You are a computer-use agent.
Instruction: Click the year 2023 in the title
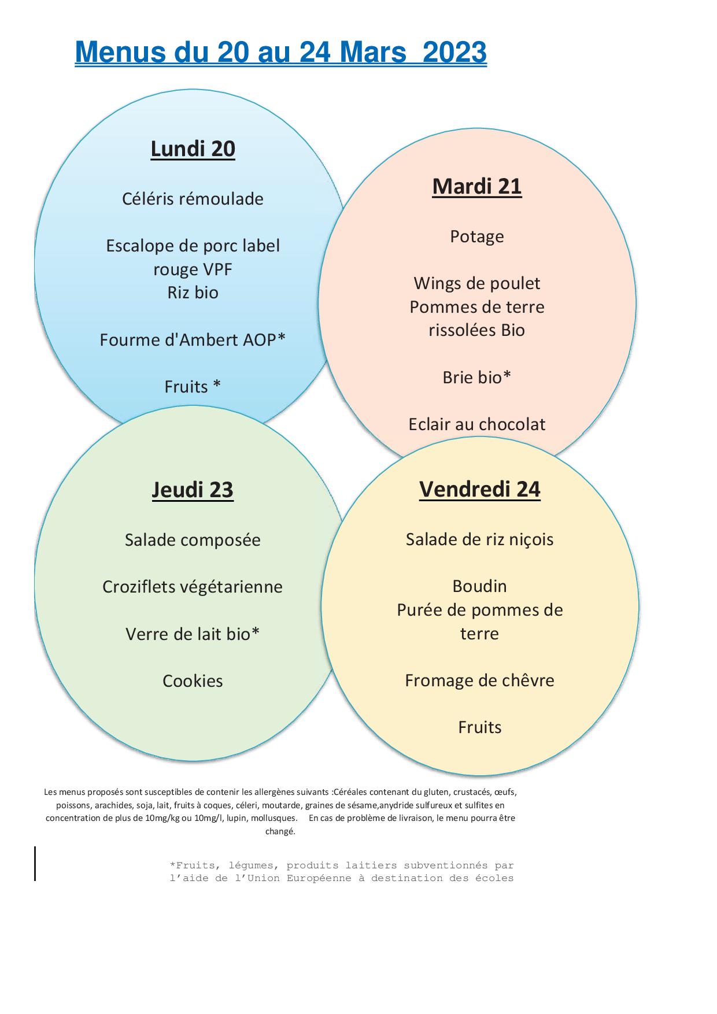(x=454, y=52)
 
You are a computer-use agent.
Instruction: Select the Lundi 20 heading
(x=193, y=149)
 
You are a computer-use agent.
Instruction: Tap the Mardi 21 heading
(x=477, y=186)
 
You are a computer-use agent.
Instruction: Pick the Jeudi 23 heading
(x=193, y=490)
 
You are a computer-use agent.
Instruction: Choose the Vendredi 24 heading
(x=480, y=489)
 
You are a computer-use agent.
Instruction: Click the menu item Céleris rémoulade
(x=193, y=199)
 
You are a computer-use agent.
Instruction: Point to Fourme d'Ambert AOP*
(x=193, y=339)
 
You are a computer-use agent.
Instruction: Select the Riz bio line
(x=193, y=293)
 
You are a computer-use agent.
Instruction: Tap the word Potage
(x=477, y=237)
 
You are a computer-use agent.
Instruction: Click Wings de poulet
(x=477, y=284)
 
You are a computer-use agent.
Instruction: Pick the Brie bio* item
(x=477, y=377)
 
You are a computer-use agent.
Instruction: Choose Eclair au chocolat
(x=477, y=424)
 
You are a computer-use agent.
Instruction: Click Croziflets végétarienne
(x=193, y=587)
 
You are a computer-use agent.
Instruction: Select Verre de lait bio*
(x=193, y=634)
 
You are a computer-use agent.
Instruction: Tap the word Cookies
(x=193, y=681)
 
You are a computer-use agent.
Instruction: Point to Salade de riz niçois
(x=480, y=540)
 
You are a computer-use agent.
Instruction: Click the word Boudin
(x=480, y=586)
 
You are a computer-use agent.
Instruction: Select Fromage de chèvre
(x=480, y=681)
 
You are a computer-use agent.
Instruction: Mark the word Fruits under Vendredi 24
(x=480, y=727)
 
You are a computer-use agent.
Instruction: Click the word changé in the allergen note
(x=280, y=831)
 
